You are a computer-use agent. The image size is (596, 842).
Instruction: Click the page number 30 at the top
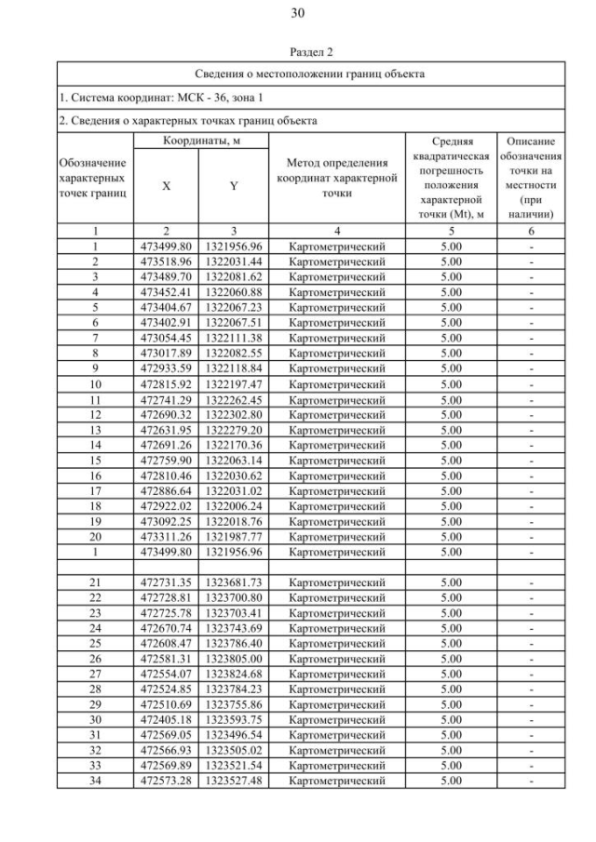[298, 13]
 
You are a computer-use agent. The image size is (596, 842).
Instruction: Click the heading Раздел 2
[298, 54]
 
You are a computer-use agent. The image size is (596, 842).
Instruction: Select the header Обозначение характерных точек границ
[94, 178]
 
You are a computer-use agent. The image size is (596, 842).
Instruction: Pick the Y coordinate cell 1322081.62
[234, 276]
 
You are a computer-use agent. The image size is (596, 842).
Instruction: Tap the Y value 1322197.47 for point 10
[234, 383]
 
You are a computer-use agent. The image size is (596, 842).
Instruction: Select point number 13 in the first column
[94, 430]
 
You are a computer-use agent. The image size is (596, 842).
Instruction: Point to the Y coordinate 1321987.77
[234, 536]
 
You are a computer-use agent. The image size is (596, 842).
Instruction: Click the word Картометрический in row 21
[336, 582]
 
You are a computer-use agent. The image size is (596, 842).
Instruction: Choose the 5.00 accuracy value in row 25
[451, 643]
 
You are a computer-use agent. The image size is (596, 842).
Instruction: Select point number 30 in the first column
[94, 719]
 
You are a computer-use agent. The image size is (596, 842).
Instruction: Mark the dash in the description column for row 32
[531, 750]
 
